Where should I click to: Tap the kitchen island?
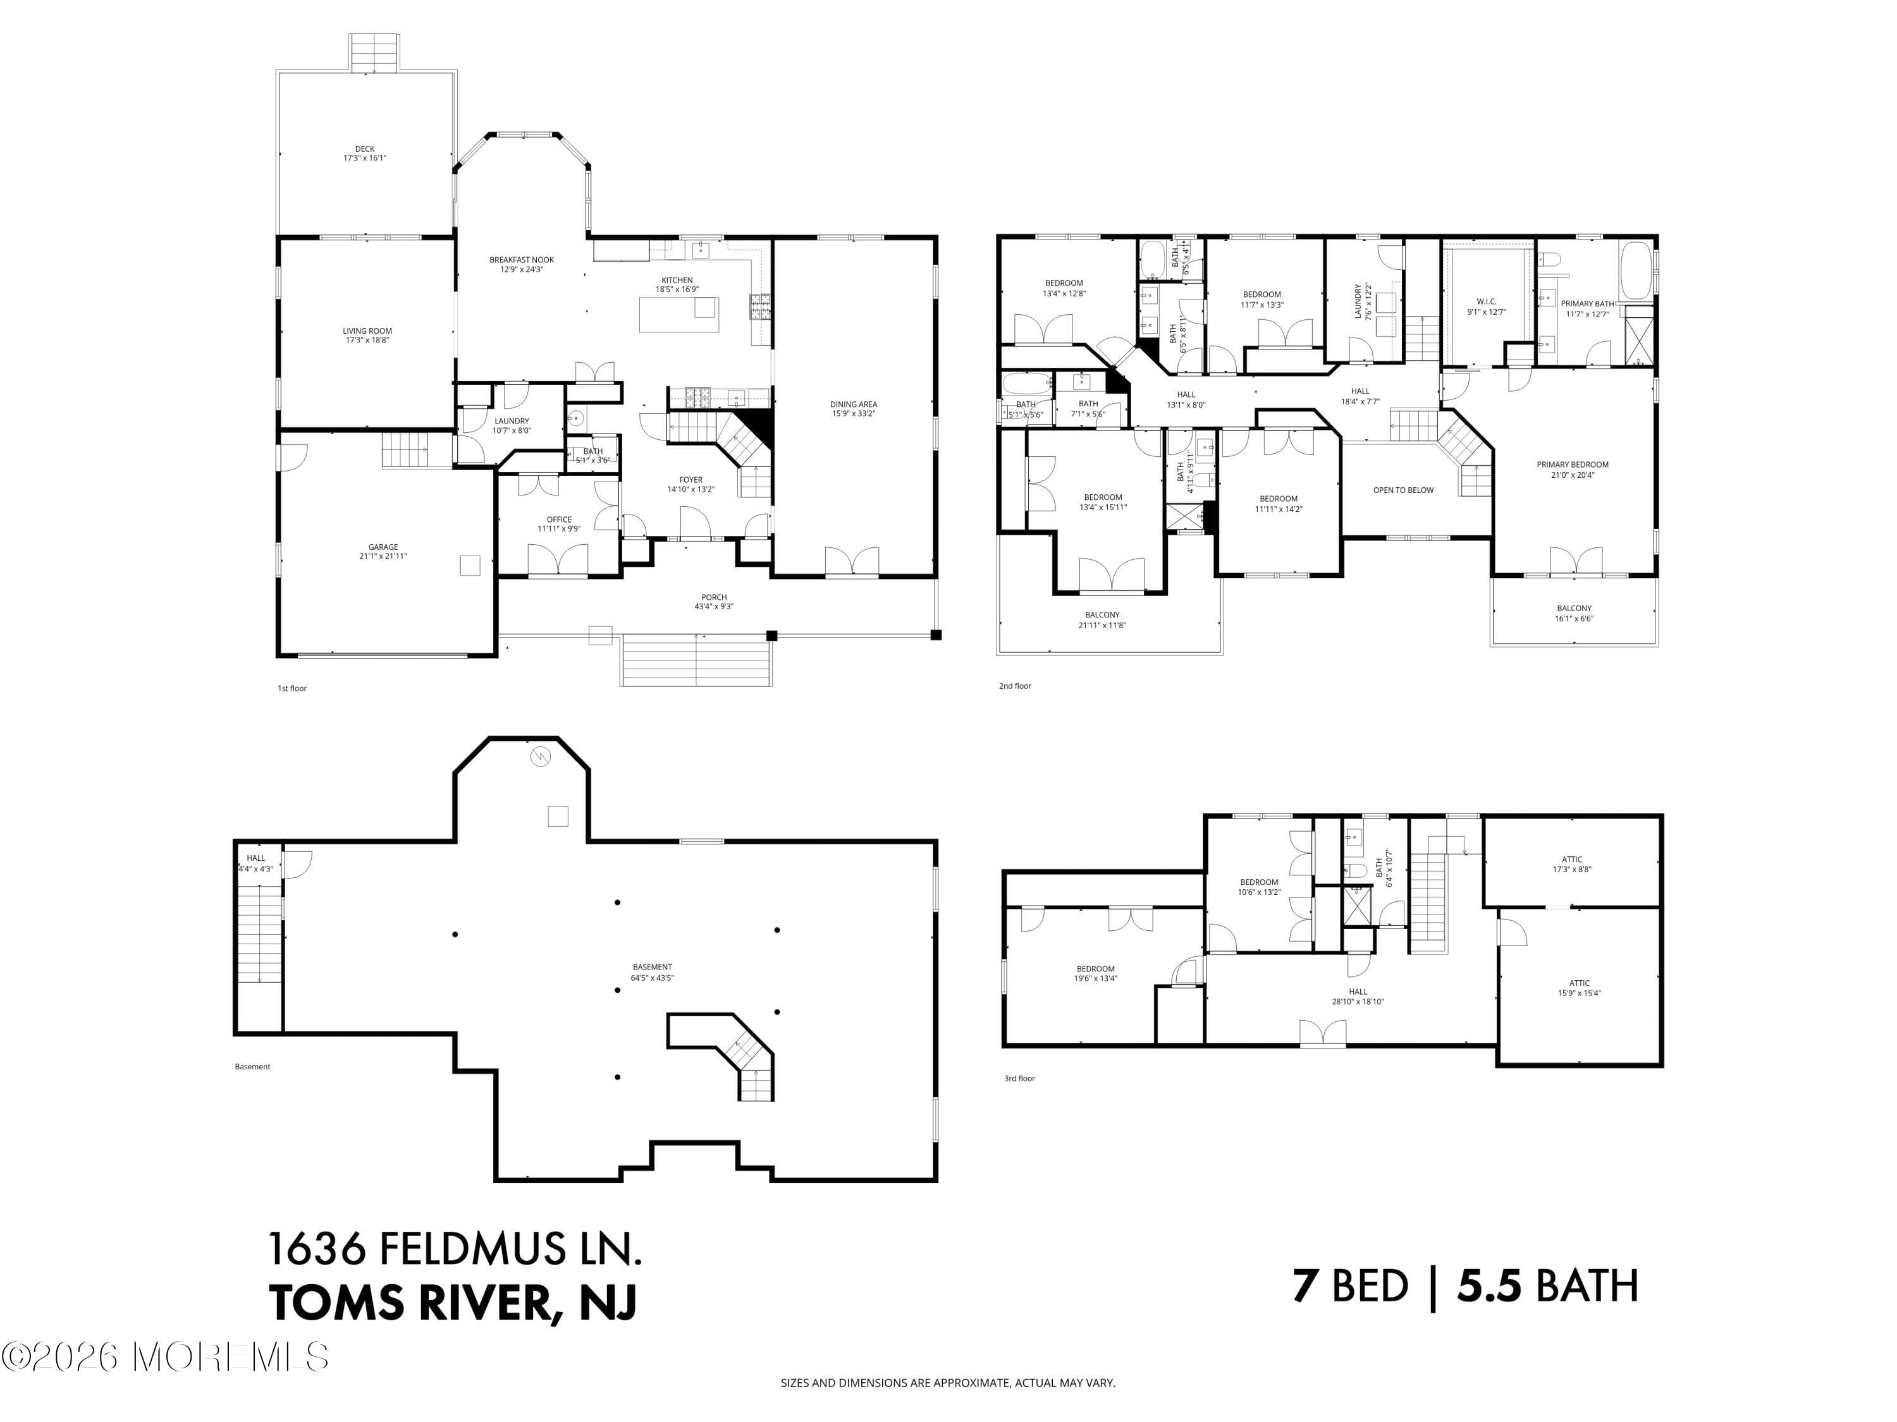coord(678,313)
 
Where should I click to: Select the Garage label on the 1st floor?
coord(383,551)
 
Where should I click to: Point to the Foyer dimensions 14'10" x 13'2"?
coord(691,489)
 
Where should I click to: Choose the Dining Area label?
coord(852,409)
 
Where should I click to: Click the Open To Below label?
coord(1403,490)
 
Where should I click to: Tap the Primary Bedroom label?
coord(1572,470)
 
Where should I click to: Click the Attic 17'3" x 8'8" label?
coord(1571,864)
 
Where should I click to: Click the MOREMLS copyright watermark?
coord(166,1357)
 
